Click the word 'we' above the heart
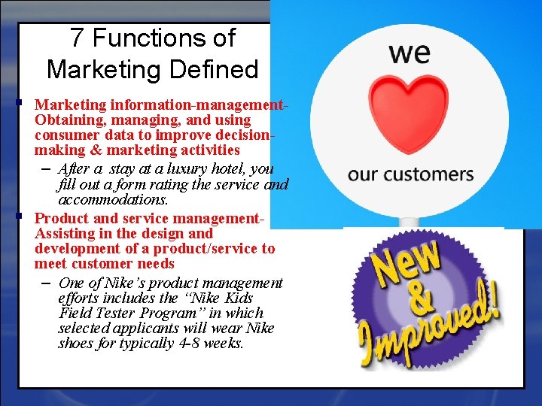410,53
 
